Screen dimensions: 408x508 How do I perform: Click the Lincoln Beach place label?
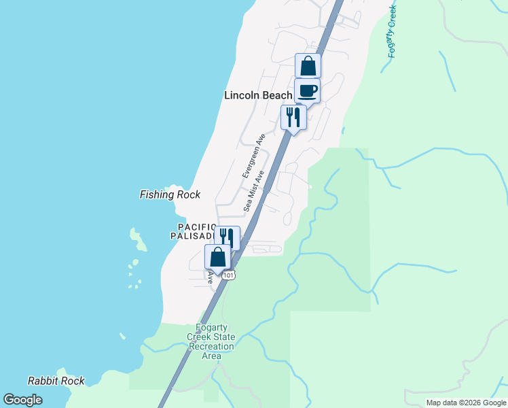click(258, 96)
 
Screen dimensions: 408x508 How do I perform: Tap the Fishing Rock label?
click(170, 195)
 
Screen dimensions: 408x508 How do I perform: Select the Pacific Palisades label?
click(196, 231)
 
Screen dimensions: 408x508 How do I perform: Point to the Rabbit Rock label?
click(56, 381)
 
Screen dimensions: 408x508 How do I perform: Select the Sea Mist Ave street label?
click(255, 192)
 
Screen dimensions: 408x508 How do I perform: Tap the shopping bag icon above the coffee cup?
click(308, 66)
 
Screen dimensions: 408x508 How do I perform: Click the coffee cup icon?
click(307, 90)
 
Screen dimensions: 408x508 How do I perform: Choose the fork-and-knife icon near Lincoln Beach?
click(293, 117)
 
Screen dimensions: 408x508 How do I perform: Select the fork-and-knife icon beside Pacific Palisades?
click(227, 238)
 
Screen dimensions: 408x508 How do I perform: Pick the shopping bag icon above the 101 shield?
click(217, 258)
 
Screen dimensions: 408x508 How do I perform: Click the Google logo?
click(22, 400)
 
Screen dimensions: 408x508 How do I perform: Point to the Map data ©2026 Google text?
click(465, 403)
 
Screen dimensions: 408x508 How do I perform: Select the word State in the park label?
click(223, 337)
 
